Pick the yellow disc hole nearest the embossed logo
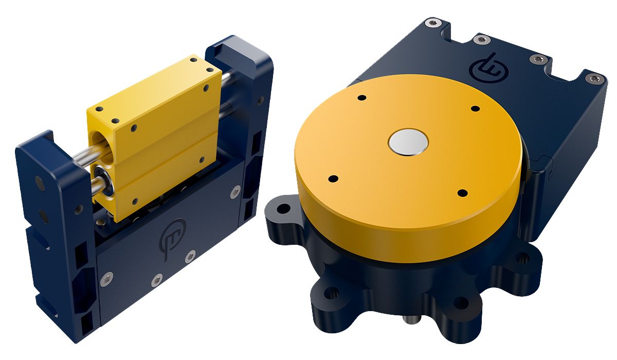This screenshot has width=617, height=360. click(475, 109)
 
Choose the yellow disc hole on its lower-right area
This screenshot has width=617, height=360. click(462, 193)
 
